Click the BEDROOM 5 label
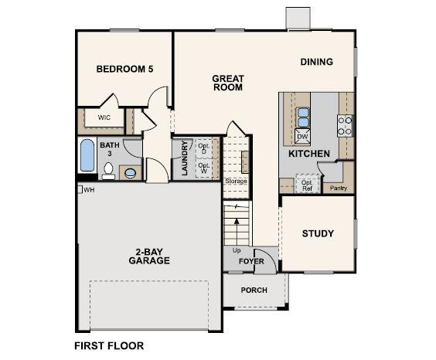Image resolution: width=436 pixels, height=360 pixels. tap(124, 69)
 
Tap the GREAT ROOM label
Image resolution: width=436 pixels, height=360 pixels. tap(227, 83)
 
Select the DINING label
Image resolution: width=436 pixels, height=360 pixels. tap(317, 62)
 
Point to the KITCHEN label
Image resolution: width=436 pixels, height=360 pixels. tap(309, 154)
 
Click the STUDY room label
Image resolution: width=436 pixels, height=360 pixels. tap(318, 233)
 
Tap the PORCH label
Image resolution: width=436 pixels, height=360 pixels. tap(254, 290)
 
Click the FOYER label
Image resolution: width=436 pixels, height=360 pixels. tap(251, 262)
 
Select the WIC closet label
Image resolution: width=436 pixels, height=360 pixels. tap(104, 117)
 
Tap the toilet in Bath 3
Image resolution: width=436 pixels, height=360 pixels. tap(130, 172)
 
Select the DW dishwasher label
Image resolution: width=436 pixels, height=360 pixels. tap(303, 137)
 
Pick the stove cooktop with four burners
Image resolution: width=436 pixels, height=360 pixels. tap(345, 125)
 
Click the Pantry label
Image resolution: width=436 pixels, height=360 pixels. tap(339, 188)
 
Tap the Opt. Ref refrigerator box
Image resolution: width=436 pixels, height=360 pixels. tap(306, 184)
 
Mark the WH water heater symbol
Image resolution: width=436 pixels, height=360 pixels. tap(80, 189)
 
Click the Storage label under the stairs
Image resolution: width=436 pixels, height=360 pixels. tap(235, 181)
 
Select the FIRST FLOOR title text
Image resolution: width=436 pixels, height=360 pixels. tap(108, 345)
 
